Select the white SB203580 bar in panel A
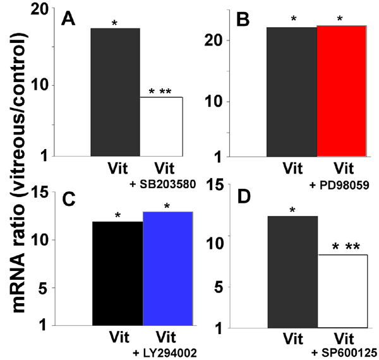pyautogui.click(x=160, y=126)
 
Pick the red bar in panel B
pyautogui.click(x=342, y=91)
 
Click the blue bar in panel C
pyautogui.click(x=168, y=268)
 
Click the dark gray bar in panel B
pyautogui.click(x=292, y=91)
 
